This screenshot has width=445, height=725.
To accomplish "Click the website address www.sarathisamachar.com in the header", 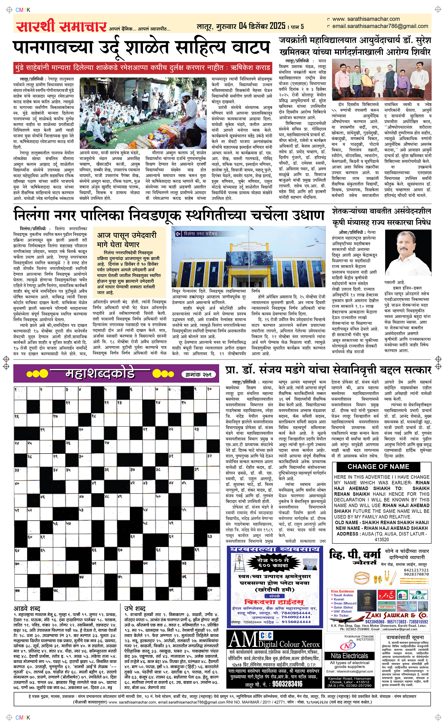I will pyautogui.click(x=366, y=19).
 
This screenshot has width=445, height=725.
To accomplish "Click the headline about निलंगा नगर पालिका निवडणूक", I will pyautogui.click(x=169, y=215).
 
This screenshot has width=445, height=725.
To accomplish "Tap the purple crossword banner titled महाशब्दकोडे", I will pyautogui.click(x=100, y=374).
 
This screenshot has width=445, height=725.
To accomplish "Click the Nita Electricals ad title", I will pyautogui.click(x=349, y=656).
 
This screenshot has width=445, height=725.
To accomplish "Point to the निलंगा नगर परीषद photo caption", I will pyautogui.click(x=200, y=234).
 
